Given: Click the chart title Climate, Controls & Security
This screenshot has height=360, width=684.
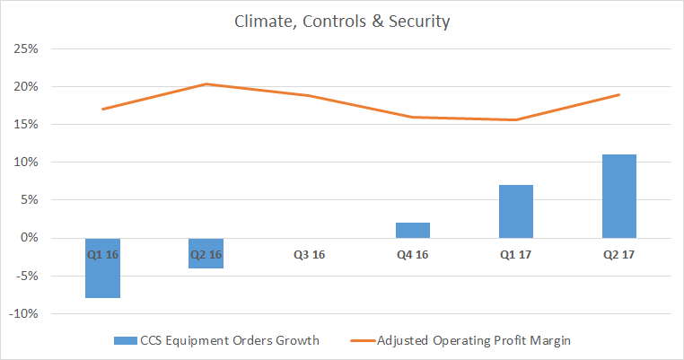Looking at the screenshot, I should (x=342, y=22).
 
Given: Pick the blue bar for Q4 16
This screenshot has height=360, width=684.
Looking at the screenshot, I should (x=412, y=230).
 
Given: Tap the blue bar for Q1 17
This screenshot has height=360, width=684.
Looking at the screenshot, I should (x=515, y=211).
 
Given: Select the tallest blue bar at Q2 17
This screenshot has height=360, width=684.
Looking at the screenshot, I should (x=618, y=196).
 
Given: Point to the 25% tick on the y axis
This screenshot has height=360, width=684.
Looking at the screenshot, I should (x=24, y=49).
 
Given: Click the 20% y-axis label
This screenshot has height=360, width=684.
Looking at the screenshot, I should (x=24, y=87).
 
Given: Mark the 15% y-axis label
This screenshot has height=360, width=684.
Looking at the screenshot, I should (x=24, y=125).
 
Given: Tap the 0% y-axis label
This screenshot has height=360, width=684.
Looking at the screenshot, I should (x=28, y=238).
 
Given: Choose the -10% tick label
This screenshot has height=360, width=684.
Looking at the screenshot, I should (x=22, y=313).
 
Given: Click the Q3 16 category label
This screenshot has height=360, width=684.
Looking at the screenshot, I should (x=310, y=254).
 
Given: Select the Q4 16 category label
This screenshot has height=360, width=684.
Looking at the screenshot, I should (x=412, y=254).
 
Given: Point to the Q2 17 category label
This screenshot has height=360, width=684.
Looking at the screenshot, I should (x=618, y=254).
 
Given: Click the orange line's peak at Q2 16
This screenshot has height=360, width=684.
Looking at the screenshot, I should (x=206, y=84).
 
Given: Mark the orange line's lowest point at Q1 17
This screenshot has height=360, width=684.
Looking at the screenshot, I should (x=515, y=119).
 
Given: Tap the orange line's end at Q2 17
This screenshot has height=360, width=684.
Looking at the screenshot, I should (x=618, y=94).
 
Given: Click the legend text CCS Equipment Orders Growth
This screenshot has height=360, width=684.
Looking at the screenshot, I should (x=216, y=340).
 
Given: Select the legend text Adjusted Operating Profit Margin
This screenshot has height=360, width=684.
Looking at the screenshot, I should (x=474, y=340).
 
